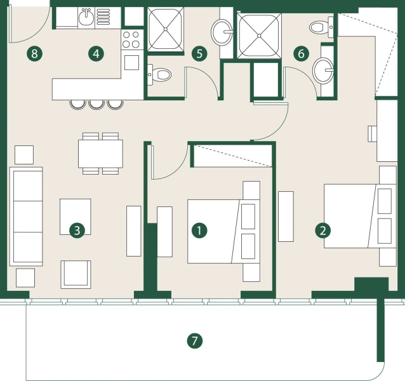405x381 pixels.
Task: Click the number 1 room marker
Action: click(200, 230)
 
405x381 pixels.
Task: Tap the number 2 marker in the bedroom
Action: click(324, 230)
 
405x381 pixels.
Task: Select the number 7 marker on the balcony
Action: click(195, 341)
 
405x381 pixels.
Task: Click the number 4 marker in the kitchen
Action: click(96, 53)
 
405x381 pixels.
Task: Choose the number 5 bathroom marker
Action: click(199, 53)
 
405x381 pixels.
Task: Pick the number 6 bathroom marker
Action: click(301, 53)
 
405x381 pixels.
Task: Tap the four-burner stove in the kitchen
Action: click(131, 39)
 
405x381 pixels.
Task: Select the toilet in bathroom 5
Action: click(161, 74)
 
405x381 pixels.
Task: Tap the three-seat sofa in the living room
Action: click(25, 217)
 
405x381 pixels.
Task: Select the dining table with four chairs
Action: click(100, 153)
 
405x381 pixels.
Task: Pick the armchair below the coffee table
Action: click(76, 274)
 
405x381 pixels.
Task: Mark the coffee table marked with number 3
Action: click(75, 217)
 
